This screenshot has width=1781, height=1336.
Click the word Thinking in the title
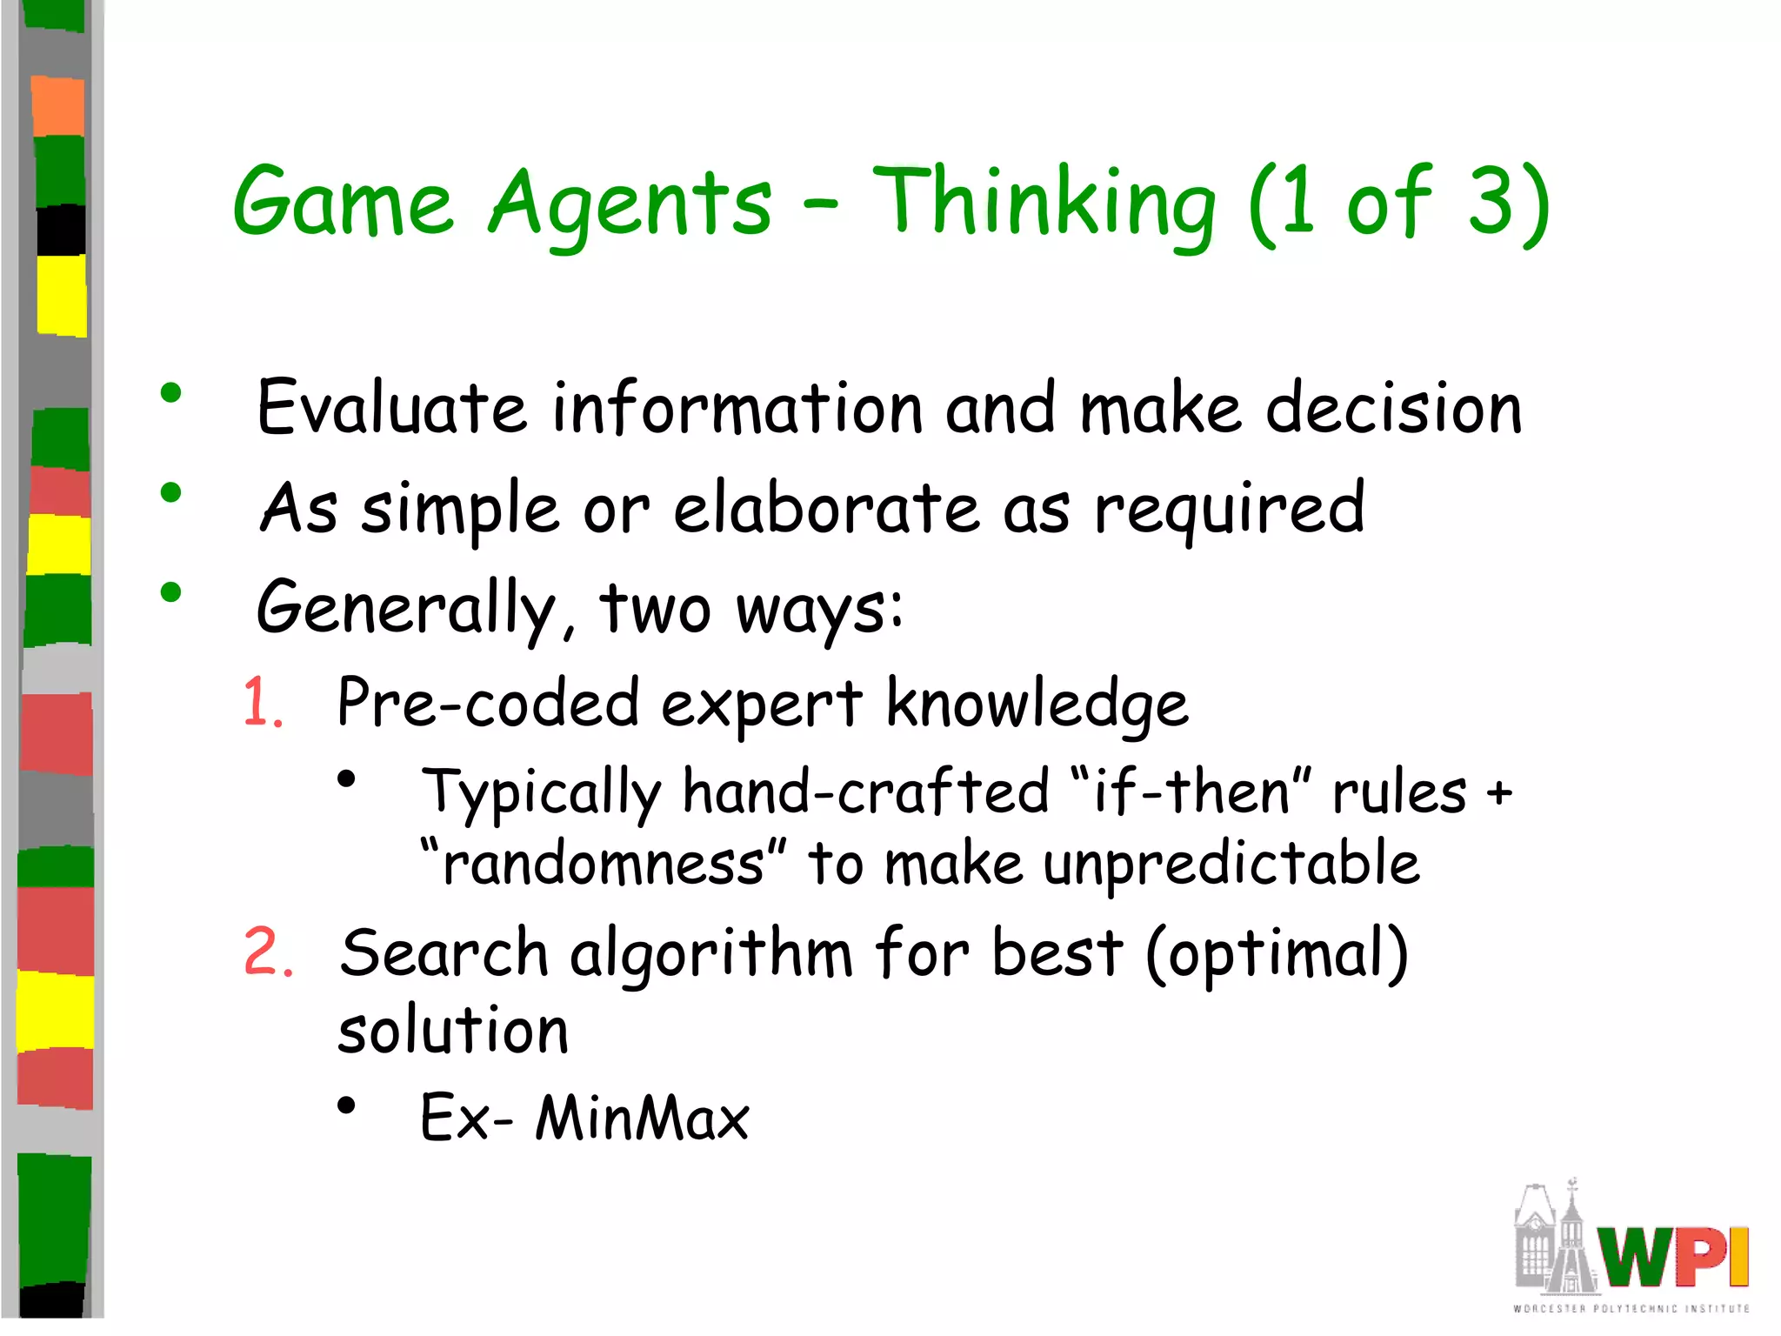tap(1044, 204)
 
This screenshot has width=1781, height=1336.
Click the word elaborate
tap(826, 508)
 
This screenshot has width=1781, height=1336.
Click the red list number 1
tap(262, 702)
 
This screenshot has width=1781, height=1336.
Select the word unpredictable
tap(1231, 865)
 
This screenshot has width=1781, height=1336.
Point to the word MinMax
tap(642, 1118)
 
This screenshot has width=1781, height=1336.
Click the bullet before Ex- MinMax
tap(347, 1106)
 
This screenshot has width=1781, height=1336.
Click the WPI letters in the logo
tap(1671, 1257)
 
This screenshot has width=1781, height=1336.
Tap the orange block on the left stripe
tap(58, 106)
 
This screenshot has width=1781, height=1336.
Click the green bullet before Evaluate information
tap(170, 393)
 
